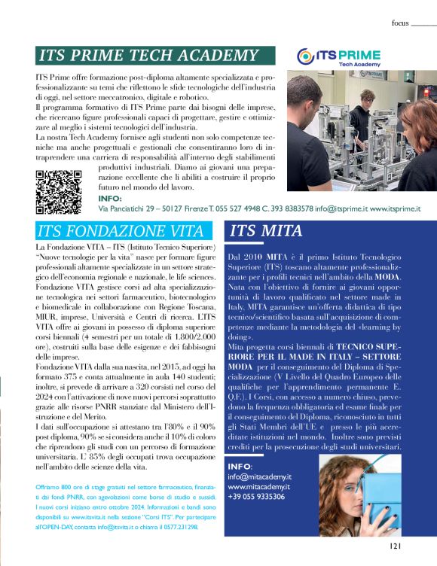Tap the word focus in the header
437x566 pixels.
point(400,23)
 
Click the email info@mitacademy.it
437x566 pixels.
point(260,476)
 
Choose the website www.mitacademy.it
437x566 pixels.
point(260,487)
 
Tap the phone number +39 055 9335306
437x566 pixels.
point(256,497)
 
